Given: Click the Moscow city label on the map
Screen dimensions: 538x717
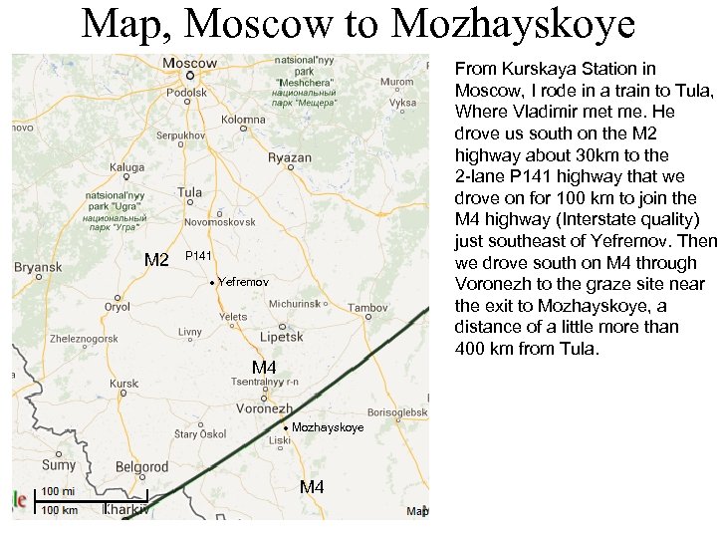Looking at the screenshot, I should click(x=189, y=63).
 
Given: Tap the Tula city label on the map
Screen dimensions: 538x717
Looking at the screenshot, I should click(x=189, y=192).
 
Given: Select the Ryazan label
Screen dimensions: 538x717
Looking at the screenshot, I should click(x=290, y=157).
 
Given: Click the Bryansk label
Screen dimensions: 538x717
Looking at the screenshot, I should click(x=38, y=267).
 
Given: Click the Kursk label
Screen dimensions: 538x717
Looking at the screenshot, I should click(x=124, y=383).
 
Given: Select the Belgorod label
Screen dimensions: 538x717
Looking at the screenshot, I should click(x=142, y=466).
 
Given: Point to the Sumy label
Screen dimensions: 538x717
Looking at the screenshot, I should click(x=58, y=464).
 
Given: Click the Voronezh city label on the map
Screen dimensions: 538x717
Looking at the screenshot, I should click(x=264, y=408).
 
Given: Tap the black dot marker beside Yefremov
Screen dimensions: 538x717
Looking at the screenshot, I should click(x=212, y=284).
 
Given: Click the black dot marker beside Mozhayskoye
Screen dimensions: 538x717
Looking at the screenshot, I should click(x=286, y=428).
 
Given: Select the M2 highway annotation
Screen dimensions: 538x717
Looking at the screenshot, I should click(x=156, y=261).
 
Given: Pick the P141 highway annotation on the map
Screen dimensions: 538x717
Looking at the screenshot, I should click(x=199, y=257).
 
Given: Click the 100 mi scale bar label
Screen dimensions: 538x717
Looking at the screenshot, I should click(x=58, y=491).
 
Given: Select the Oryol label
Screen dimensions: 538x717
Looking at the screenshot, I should click(x=118, y=307).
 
